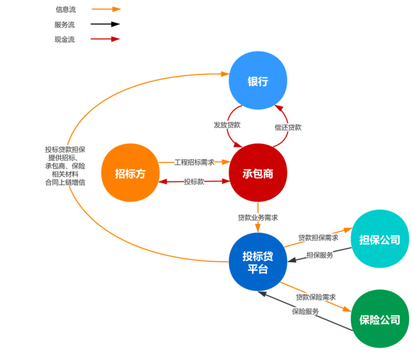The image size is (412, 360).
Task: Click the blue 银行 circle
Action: tap(258, 81)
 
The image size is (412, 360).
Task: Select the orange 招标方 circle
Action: tap(130, 173)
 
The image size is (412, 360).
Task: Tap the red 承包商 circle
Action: tap(258, 173)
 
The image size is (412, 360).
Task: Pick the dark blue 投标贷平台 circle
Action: tap(258, 262)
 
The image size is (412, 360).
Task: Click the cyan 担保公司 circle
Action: tap(380, 239)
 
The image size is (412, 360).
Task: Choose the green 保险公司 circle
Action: tap(380, 319)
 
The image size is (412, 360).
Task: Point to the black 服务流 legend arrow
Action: tap(105, 25)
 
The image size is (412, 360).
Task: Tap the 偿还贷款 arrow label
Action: tap(288, 127)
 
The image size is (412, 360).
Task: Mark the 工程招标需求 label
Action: tap(194, 161)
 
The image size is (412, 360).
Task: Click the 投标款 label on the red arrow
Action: tap(194, 181)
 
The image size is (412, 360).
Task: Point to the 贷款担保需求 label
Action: tap(318, 237)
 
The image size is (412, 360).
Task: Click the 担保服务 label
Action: tap(319, 255)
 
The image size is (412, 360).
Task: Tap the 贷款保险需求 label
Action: tap(315, 297)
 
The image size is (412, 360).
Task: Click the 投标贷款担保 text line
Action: tap(65, 149)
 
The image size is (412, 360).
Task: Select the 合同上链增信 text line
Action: tap(65, 182)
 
